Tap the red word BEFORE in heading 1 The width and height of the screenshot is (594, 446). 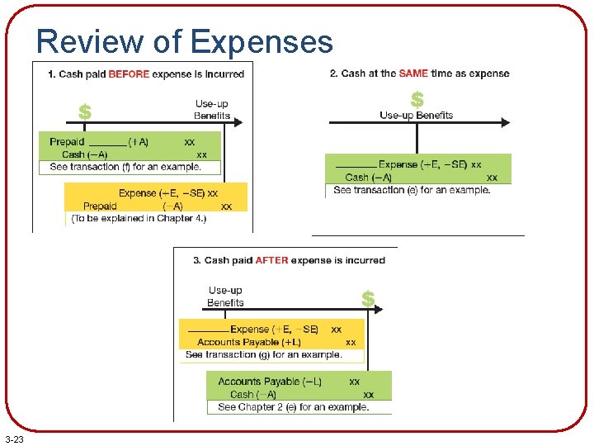click(129, 74)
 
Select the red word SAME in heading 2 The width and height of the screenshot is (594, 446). click(413, 74)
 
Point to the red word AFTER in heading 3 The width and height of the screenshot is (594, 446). click(271, 260)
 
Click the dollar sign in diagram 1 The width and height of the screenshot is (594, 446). click(84, 111)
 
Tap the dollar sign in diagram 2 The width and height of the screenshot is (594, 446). click(417, 99)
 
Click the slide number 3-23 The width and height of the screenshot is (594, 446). click(14, 439)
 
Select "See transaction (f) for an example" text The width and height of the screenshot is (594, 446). click(125, 167)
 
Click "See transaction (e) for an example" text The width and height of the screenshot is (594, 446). click(412, 190)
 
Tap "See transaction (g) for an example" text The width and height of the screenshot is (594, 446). click(264, 354)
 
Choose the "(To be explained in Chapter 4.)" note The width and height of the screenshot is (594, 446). click(139, 219)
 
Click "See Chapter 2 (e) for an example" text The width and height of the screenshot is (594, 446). click(293, 407)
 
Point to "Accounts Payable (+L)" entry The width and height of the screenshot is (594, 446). click(249, 342)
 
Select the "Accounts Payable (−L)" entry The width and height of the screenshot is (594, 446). click(270, 382)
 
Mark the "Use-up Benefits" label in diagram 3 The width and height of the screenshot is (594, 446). click(225, 297)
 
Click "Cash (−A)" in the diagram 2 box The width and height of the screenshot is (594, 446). click(369, 178)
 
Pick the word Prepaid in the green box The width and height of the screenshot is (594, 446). click(67, 142)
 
